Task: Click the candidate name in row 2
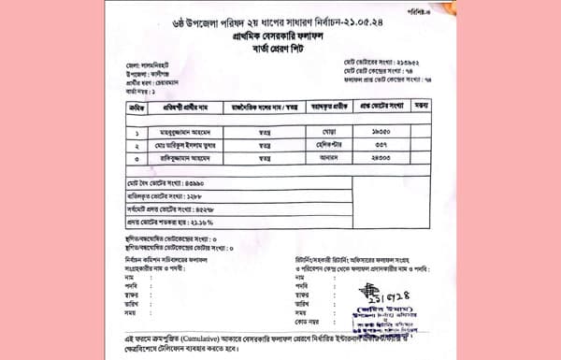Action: [x=188, y=147]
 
